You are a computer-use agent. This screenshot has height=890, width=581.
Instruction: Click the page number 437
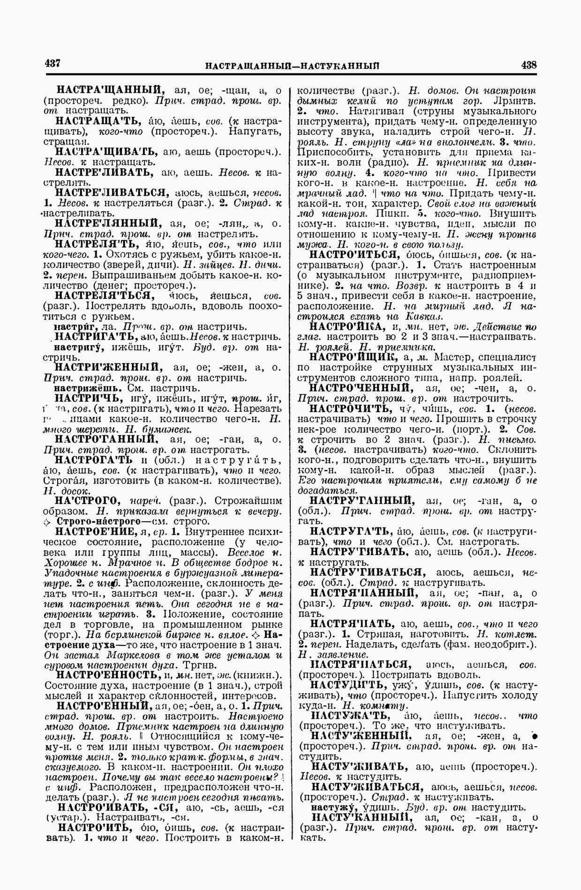coord(52,63)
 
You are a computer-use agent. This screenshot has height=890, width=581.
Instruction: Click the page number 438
coord(528,65)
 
